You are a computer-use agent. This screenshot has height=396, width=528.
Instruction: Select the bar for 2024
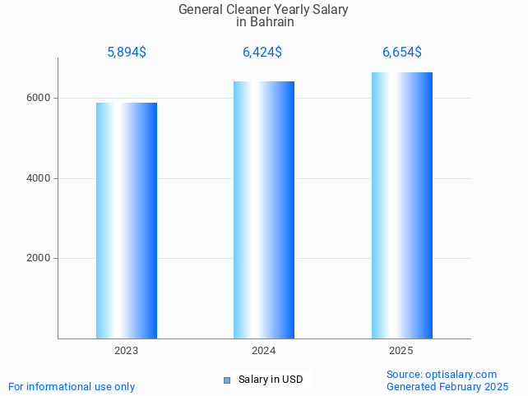(x=264, y=210)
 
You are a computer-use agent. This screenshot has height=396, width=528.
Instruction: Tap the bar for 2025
(x=401, y=205)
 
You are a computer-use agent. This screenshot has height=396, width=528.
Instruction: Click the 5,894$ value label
(x=127, y=53)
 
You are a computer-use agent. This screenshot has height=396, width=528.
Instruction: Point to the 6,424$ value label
(x=262, y=53)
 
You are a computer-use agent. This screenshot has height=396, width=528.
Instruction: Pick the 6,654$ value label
(x=401, y=53)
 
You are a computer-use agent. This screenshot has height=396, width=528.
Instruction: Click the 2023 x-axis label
(x=127, y=351)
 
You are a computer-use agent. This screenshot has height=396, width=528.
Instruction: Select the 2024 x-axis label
(x=264, y=351)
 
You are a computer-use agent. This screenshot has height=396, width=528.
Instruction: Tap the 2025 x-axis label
(x=401, y=351)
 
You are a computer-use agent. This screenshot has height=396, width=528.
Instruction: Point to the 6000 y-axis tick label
(x=38, y=98)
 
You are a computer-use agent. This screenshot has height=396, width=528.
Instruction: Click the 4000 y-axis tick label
(x=38, y=178)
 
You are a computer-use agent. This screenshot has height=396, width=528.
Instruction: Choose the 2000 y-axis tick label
(x=38, y=259)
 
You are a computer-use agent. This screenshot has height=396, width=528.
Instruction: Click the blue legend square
(x=228, y=380)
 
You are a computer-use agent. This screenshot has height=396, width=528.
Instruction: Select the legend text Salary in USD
(x=271, y=380)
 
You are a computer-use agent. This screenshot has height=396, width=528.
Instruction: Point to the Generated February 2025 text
(x=447, y=386)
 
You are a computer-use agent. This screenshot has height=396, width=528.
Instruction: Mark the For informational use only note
(x=72, y=386)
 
